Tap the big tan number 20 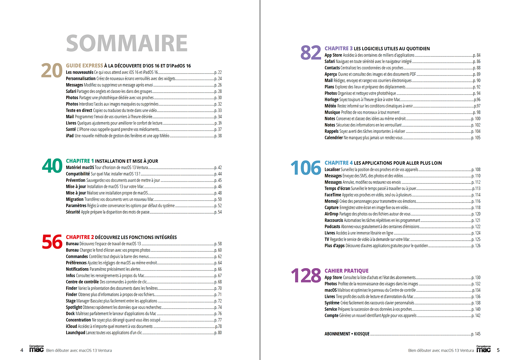click(52, 71)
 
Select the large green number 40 click(52, 166)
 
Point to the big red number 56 click(52, 242)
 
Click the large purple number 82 click(311, 53)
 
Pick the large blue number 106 click(306, 168)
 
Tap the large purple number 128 click(306, 276)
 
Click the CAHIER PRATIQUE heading click(346, 271)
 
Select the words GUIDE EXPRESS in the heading click(85, 66)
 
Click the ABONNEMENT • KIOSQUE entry click(347, 334)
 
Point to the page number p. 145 click(476, 334)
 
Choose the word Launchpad click(76, 333)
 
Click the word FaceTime click(333, 195)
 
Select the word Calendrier click(333, 138)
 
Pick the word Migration click(75, 199)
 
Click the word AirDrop click(331, 214)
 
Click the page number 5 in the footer click(498, 350)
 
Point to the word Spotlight click(74, 307)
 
